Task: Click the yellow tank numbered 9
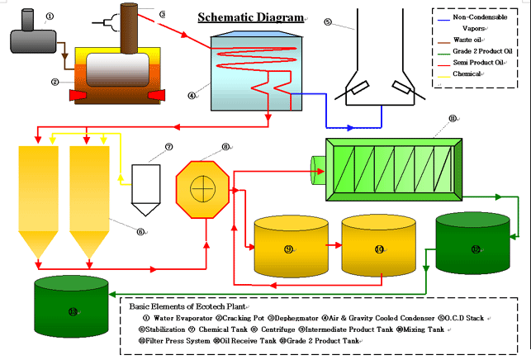288,246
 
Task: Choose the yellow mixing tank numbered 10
377,246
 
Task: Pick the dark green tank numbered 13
72,309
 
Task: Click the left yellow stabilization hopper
36,198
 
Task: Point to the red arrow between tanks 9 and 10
332,245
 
